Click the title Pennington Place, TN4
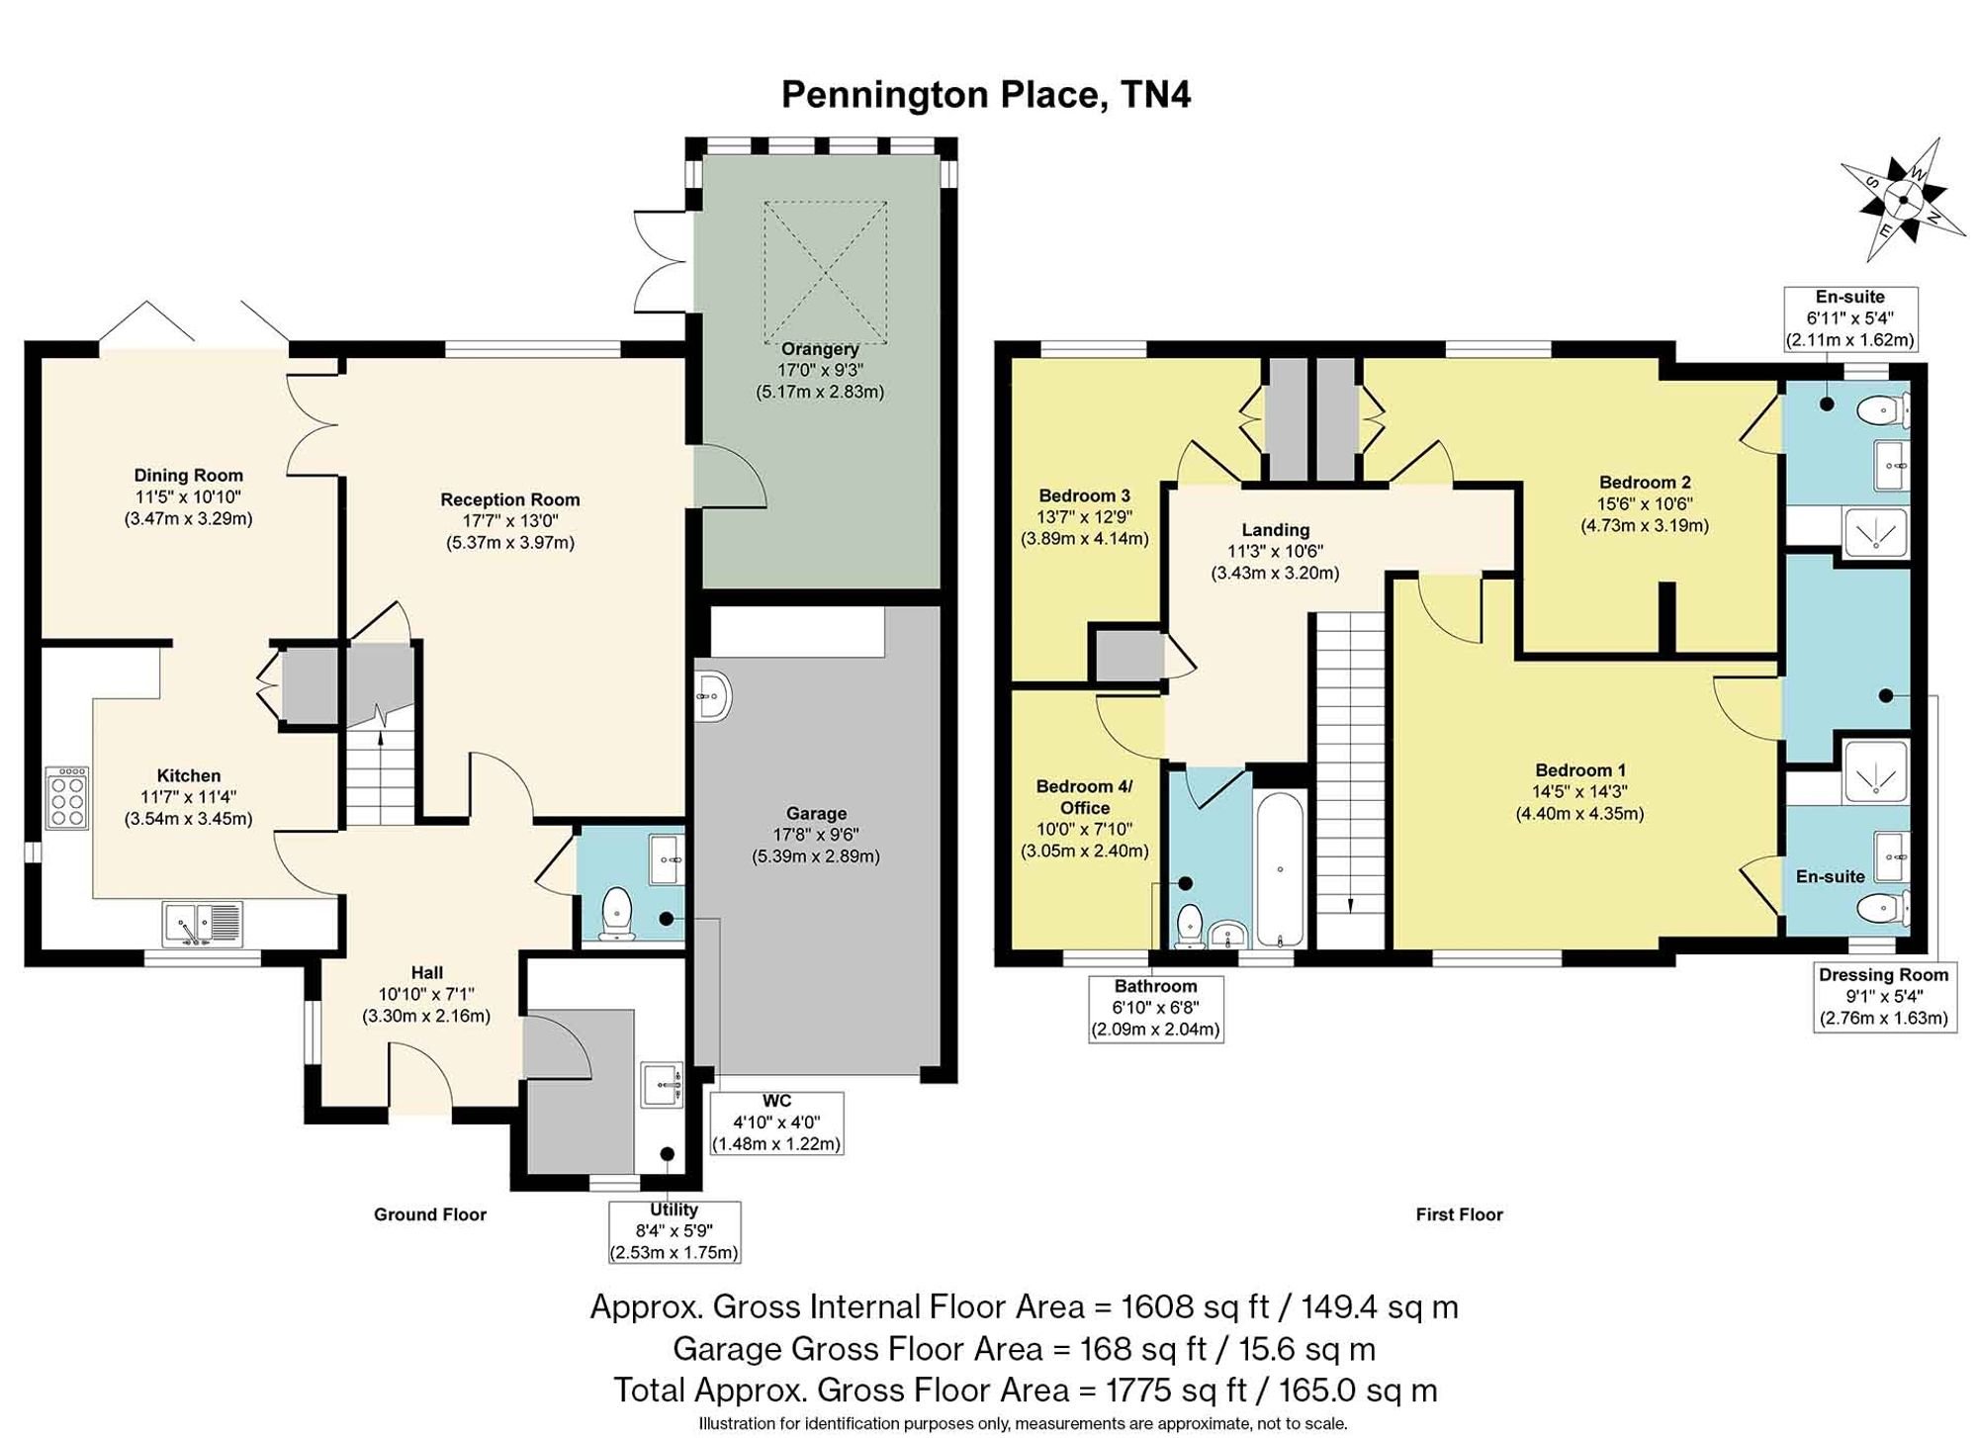tap(986, 95)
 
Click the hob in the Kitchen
tap(67, 797)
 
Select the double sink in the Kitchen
tap(201, 925)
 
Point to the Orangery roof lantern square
tap(825, 270)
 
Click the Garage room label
tap(816, 813)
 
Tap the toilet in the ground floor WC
tap(617, 913)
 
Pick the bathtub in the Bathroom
tap(1280, 868)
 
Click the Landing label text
tap(1276, 530)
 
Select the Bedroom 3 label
tap(1084, 495)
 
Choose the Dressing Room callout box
tap(1883, 997)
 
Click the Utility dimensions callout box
tap(674, 1231)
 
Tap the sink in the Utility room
tap(662, 1085)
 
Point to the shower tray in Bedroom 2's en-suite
tap(1876, 533)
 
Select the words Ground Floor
tap(430, 1214)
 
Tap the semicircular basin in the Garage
tap(712, 697)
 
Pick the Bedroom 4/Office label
tap(1084, 797)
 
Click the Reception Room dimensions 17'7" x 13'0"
tap(509, 521)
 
